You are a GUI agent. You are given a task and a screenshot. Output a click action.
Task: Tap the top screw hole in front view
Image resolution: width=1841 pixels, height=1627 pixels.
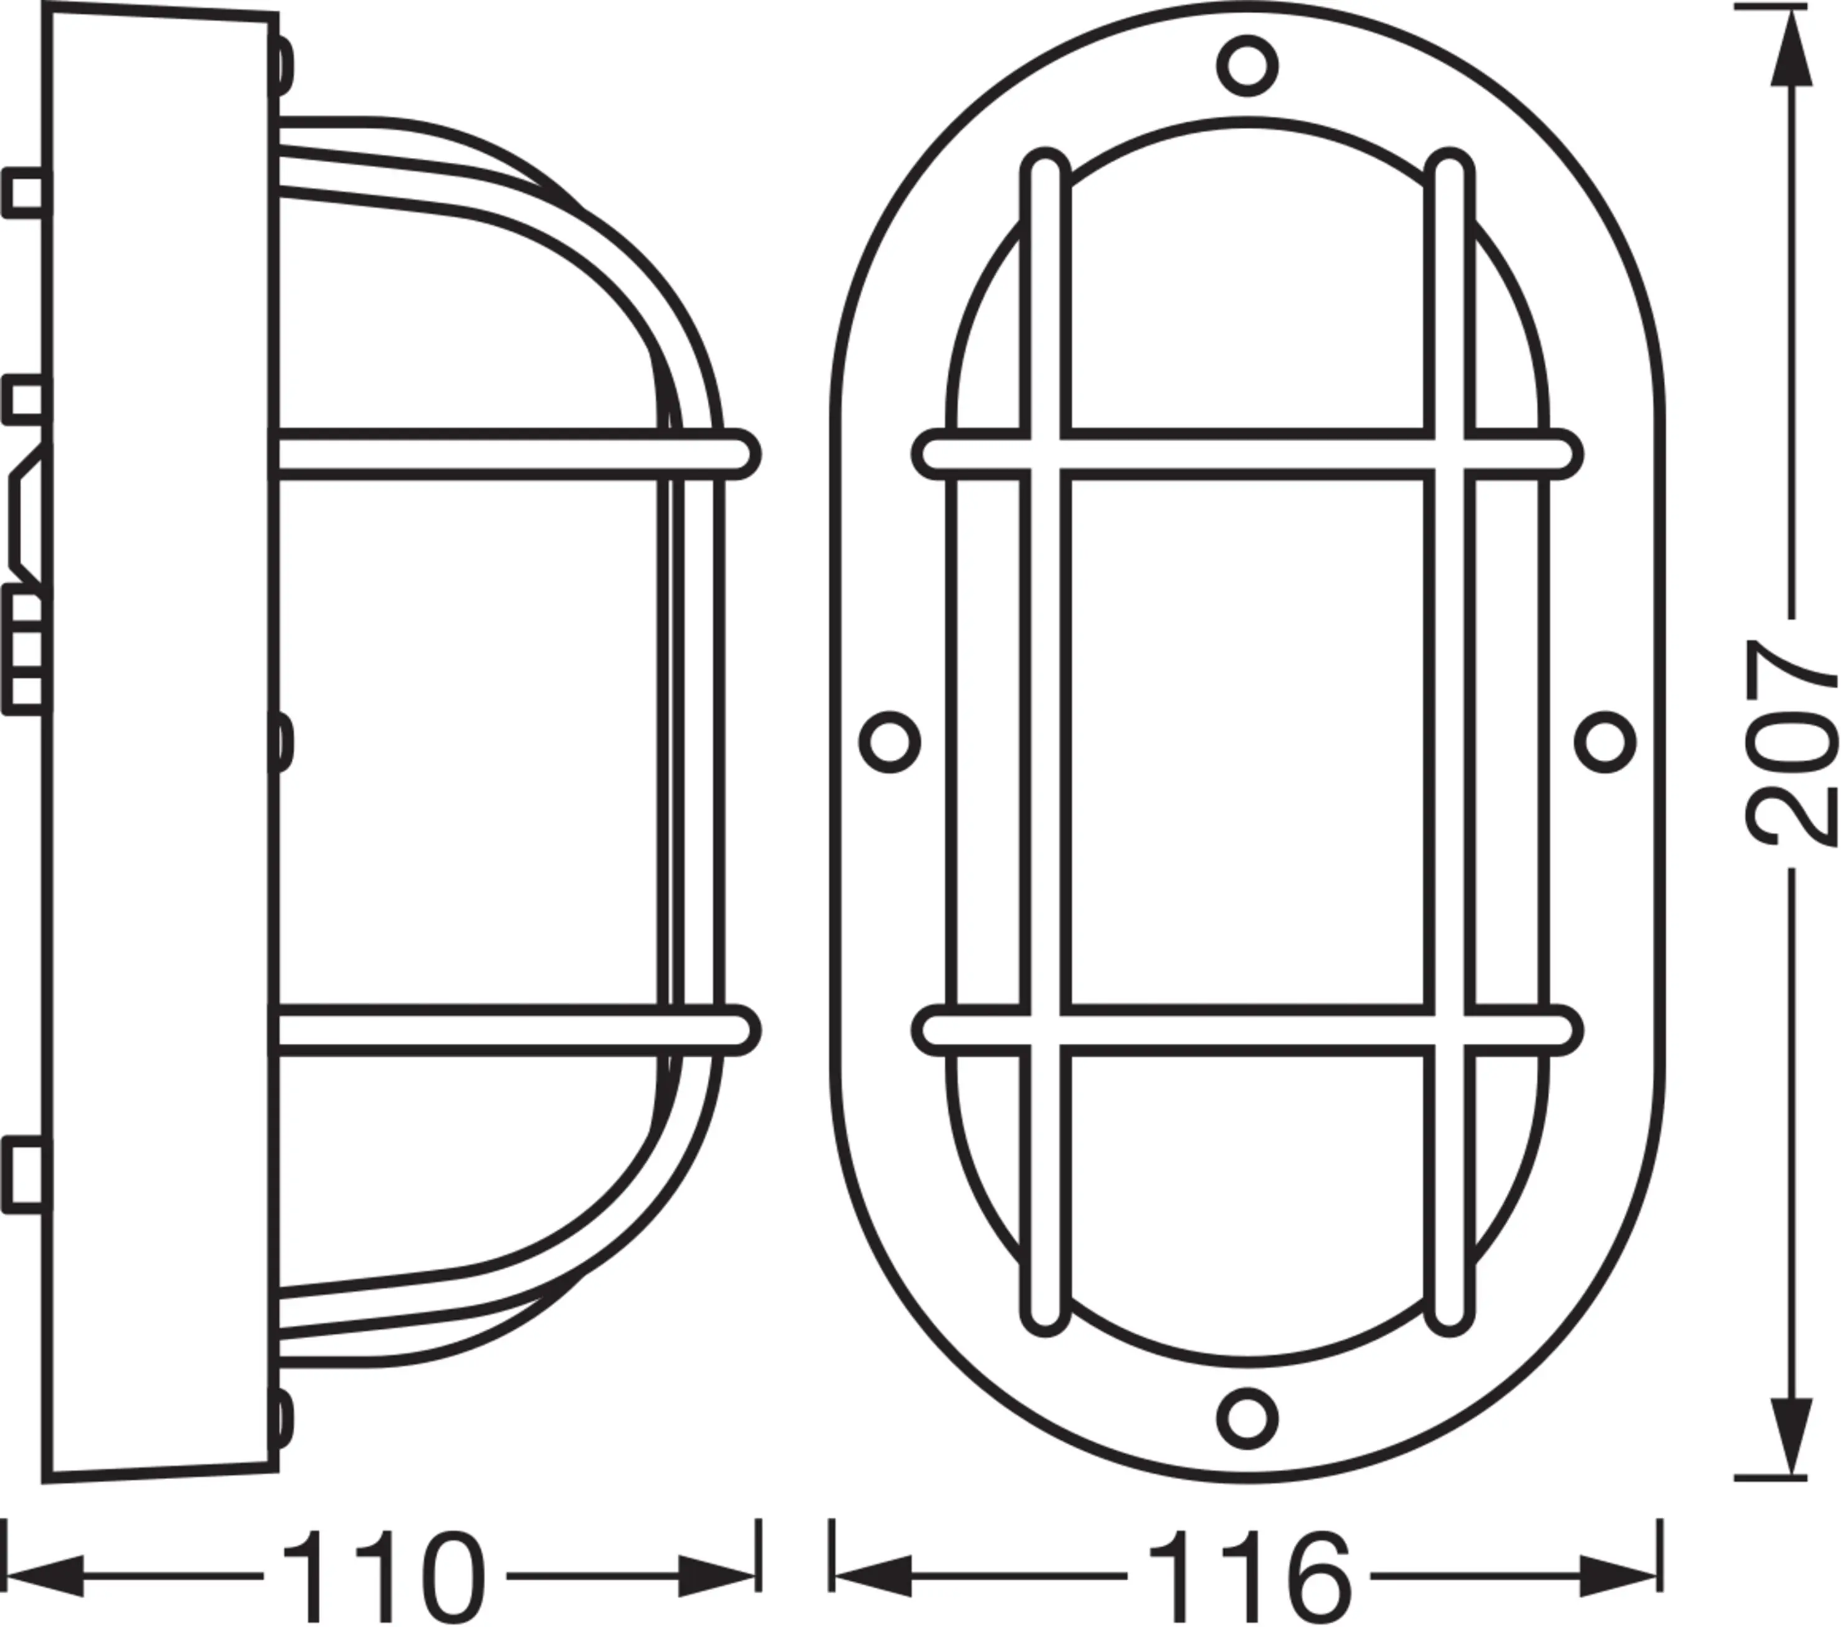1247,66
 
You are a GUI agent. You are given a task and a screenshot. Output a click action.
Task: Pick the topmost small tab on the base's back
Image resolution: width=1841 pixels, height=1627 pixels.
27,195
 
